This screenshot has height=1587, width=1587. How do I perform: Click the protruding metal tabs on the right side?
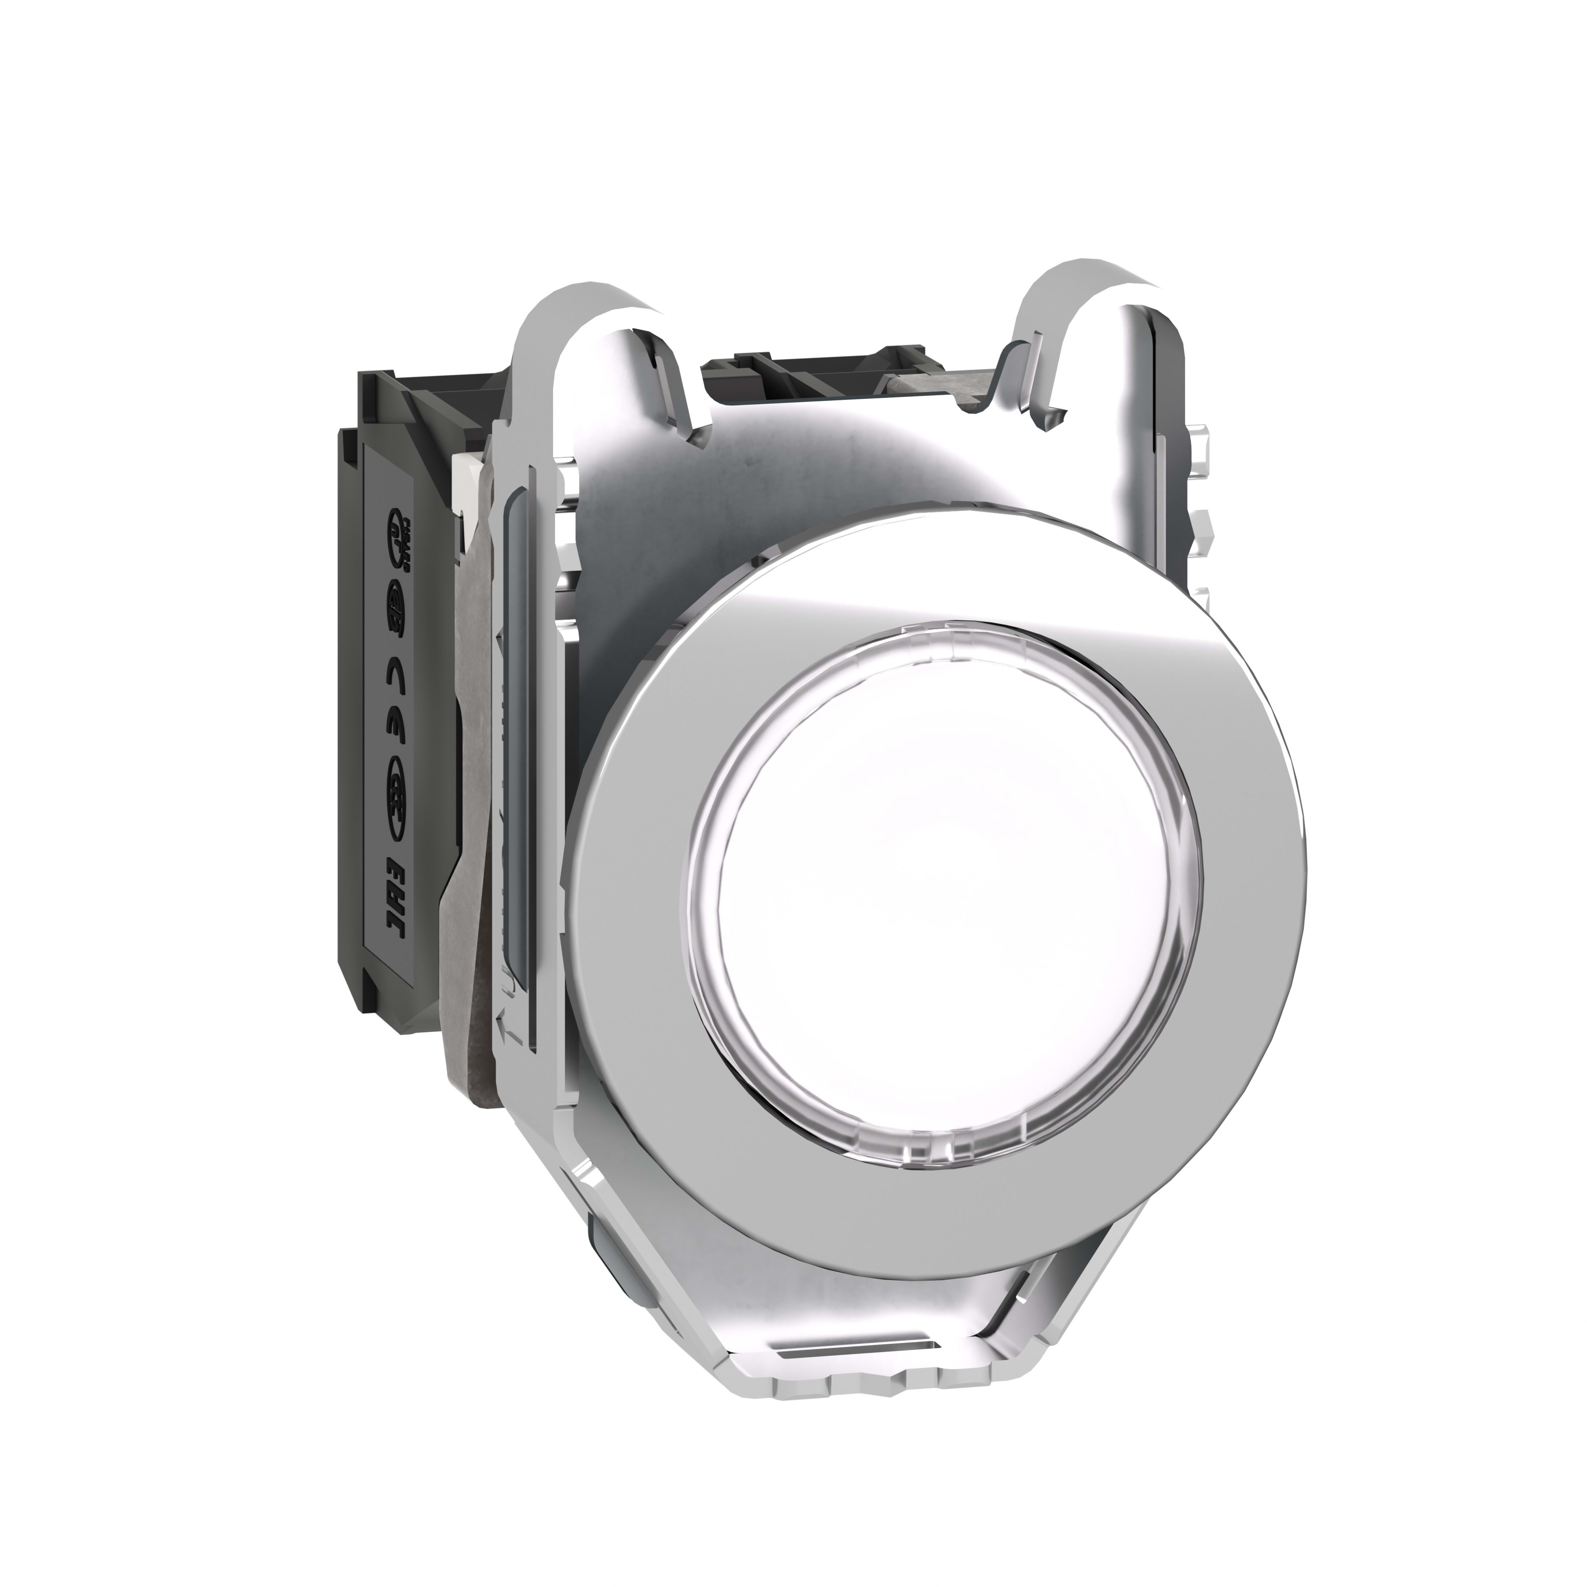click(1201, 526)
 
